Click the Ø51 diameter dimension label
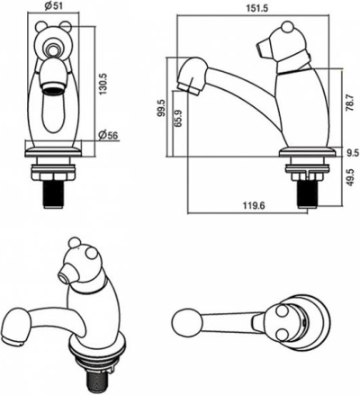tap(54, 6)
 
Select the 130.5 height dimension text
tap(103, 84)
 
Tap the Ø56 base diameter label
tap(108, 136)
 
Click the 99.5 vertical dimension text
tap(162, 108)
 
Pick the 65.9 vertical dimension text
tap(178, 119)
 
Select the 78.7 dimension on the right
tap(350, 103)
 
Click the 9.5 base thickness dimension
tap(353, 153)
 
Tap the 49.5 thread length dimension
tap(350, 177)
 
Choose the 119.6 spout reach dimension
tap(254, 206)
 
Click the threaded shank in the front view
tap(53, 194)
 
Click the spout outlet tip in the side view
tap(188, 88)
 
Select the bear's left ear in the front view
tap(41, 27)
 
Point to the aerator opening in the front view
tap(53, 88)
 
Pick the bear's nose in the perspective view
tap(65, 274)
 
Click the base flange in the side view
tap(307, 152)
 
